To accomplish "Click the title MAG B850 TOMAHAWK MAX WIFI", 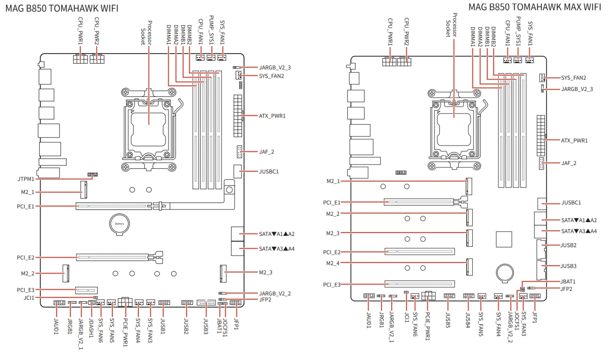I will [x=534, y=7].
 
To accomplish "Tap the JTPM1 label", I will [x=26, y=179].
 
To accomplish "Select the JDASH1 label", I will [x=91, y=327].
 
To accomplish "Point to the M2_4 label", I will [x=333, y=263].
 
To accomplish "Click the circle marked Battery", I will [x=120, y=223].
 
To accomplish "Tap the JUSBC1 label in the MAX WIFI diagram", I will [x=571, y=203].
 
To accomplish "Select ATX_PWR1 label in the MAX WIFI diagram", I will [x=574, y=141].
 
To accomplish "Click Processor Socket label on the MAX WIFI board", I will [x=451, y=25].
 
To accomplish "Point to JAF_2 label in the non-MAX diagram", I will [x=266, y=152].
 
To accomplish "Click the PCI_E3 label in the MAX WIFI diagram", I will [x=332, y=285].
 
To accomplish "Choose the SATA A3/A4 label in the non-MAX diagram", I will [x=277, y=249].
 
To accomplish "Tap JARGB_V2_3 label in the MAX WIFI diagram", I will [x=577, y=89].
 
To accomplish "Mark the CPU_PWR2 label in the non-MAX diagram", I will [x=97, y=31].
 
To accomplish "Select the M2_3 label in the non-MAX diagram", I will [x=265, y=273].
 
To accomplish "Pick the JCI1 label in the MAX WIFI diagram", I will [x=407, y=317].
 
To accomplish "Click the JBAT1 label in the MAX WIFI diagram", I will [x=568, y=282].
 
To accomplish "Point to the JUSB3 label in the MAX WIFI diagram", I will [x=568, y=266].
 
